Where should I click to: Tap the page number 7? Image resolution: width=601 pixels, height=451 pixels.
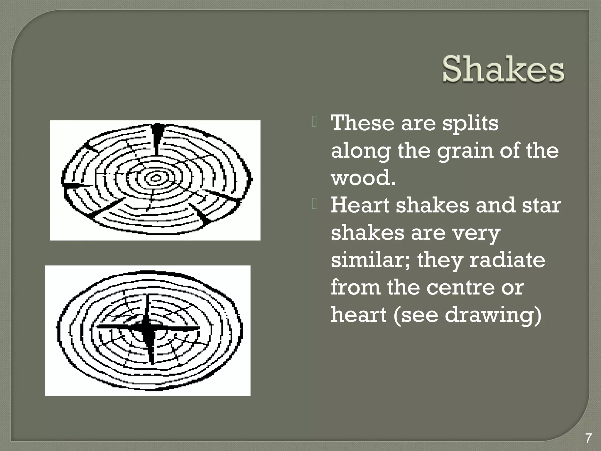click(588, 439)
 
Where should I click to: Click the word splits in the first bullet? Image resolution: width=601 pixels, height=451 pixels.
click(470, 123)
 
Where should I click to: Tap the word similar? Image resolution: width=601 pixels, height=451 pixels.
click(371, 260)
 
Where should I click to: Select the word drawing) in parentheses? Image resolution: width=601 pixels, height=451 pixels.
click(493, 315)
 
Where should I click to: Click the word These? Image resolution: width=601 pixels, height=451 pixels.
click(363, 123)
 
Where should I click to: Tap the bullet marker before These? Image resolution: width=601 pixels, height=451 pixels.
click(314, 122)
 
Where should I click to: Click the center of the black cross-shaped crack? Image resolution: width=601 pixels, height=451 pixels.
click(146, 328)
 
